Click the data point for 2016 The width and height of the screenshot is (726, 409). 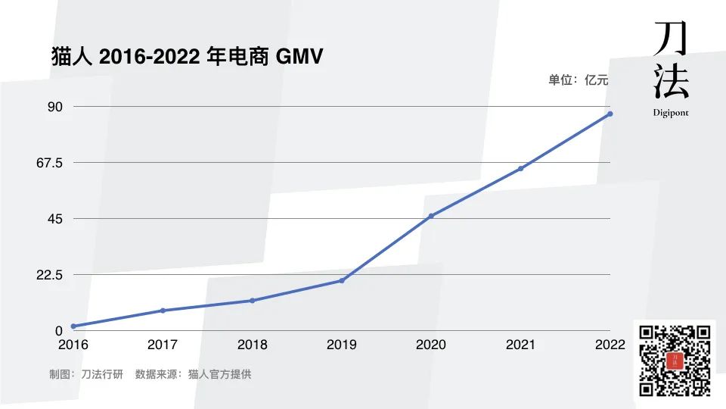(73, 326)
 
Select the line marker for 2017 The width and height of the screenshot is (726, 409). (163, 311)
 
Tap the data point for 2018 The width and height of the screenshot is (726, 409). (253, 301)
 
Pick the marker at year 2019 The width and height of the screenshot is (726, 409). (342, 281)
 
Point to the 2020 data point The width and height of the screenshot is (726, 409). (431, 216)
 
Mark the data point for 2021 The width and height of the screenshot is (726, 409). (520, 168)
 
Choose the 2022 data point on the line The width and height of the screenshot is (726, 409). (610, 114)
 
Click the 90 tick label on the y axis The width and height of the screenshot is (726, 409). (55, 107)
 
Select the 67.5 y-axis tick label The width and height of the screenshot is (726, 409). (48, 163)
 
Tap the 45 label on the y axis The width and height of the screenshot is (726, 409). (55, 219)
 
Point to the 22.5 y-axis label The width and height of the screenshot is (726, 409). (48, 275)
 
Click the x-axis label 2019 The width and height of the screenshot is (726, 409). (342, 345)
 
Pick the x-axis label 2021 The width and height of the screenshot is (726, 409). (520, 345)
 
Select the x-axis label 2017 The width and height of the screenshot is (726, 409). (163, 345)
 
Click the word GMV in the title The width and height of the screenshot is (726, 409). (300, 56)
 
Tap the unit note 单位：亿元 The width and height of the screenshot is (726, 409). (578, 80)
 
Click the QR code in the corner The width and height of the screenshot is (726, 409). (675, 361)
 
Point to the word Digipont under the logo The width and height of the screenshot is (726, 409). (671, 113)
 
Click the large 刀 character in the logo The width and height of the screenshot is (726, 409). (670, 37)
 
